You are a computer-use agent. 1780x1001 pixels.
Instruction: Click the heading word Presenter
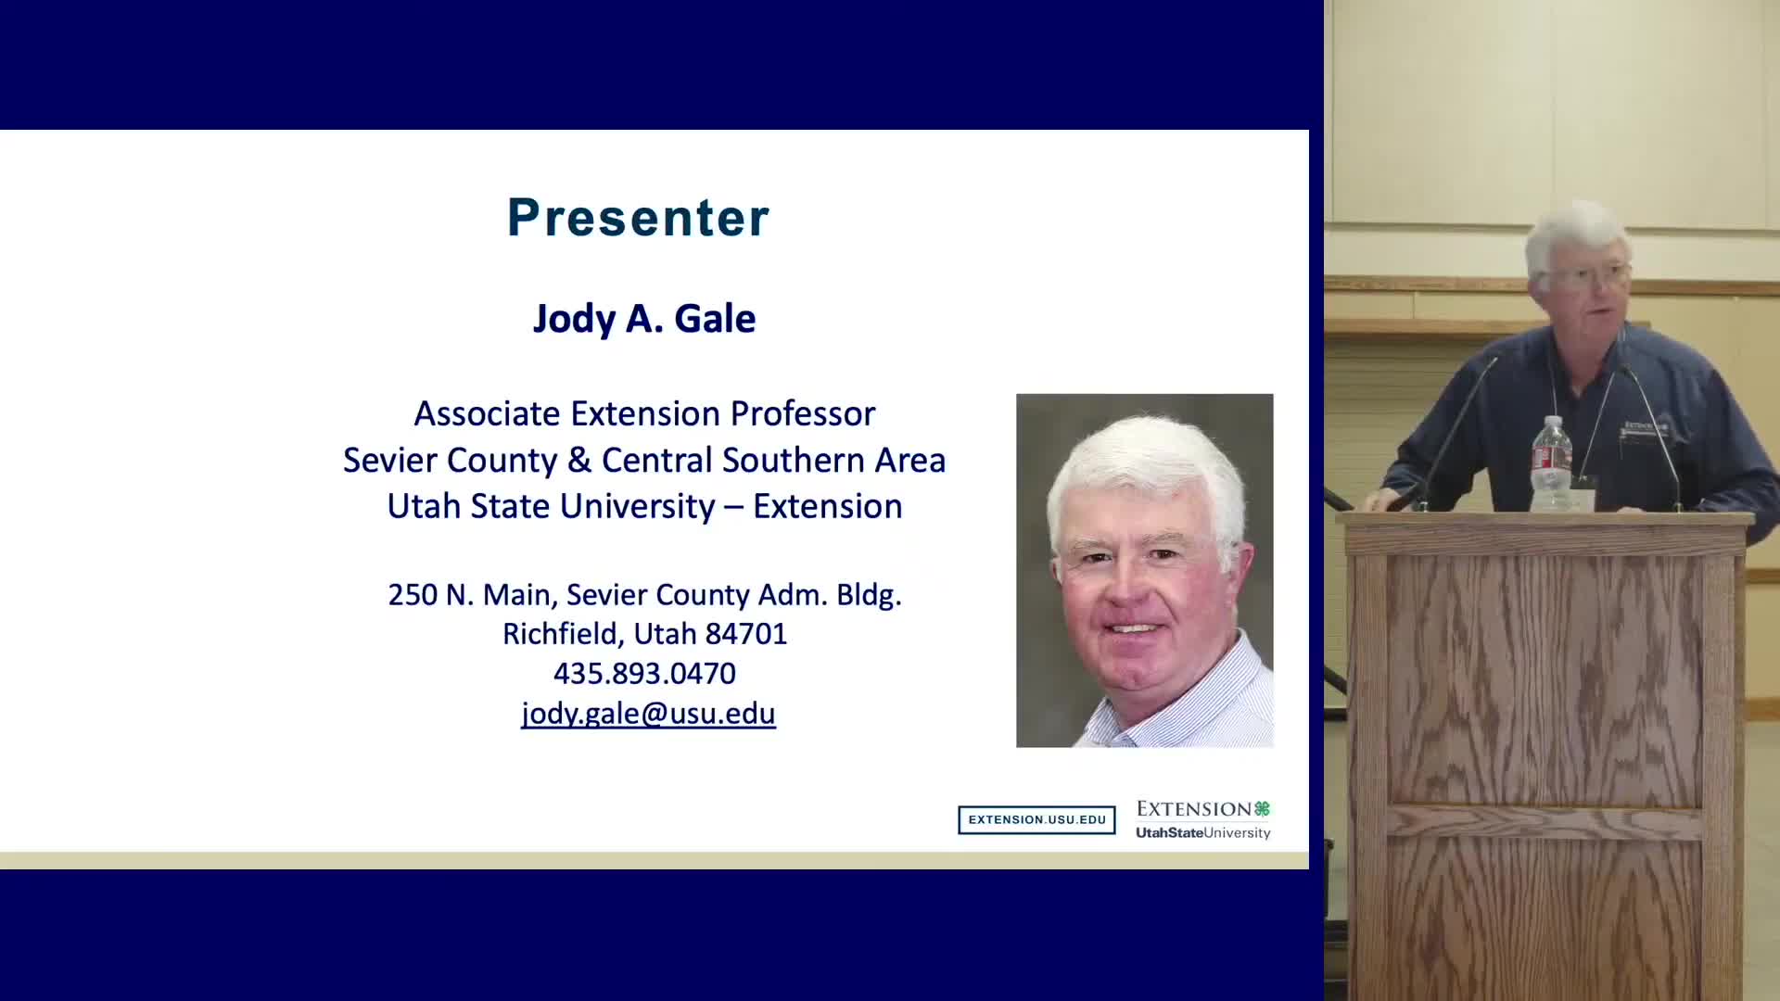coord(638,218)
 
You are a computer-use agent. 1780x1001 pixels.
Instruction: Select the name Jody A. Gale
coord(644,319)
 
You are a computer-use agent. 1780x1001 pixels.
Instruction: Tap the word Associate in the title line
coord(488,413)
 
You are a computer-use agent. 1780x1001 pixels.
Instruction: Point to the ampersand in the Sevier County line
coord(579,460)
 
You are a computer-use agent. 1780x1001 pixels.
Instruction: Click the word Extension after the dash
coord(827,506)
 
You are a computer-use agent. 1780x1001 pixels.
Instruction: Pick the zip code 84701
coord(746,634)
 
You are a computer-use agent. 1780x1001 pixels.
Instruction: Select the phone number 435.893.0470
coord(644,674)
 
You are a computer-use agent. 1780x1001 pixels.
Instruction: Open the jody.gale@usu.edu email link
coord(648,714)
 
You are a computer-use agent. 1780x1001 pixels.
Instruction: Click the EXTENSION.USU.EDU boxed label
coord(1036,819)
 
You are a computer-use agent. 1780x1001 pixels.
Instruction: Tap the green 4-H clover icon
coord(1262,808)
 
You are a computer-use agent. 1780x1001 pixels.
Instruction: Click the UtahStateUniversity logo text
coord(1203,832)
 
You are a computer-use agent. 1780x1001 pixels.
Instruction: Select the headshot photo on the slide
coord(1144,570)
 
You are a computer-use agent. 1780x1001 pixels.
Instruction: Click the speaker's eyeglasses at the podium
coord(1591,274)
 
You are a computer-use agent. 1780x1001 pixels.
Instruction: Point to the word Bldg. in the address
coord(869,595)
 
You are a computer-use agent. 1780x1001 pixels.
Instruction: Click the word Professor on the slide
coord(803,413)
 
